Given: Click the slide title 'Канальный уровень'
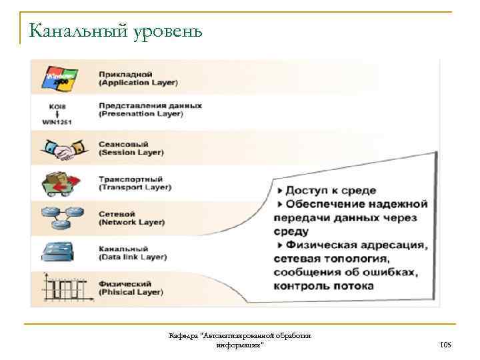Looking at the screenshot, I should pos(115,31).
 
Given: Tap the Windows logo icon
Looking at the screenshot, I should pos(59,77).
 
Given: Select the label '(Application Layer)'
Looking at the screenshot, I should pos(138,83).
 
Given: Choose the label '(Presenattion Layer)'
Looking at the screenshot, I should pos(141,114).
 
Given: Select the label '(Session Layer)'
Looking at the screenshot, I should pos(131,153).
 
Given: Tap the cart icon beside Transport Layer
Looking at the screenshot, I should pos(61,183).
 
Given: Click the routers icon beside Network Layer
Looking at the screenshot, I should pos(61,216).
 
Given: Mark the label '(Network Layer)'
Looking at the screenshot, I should pos(132,222).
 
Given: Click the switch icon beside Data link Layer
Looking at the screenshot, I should pos(60,251).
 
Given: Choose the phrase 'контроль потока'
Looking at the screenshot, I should pos(323,286).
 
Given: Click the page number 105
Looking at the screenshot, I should pos(446,345).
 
